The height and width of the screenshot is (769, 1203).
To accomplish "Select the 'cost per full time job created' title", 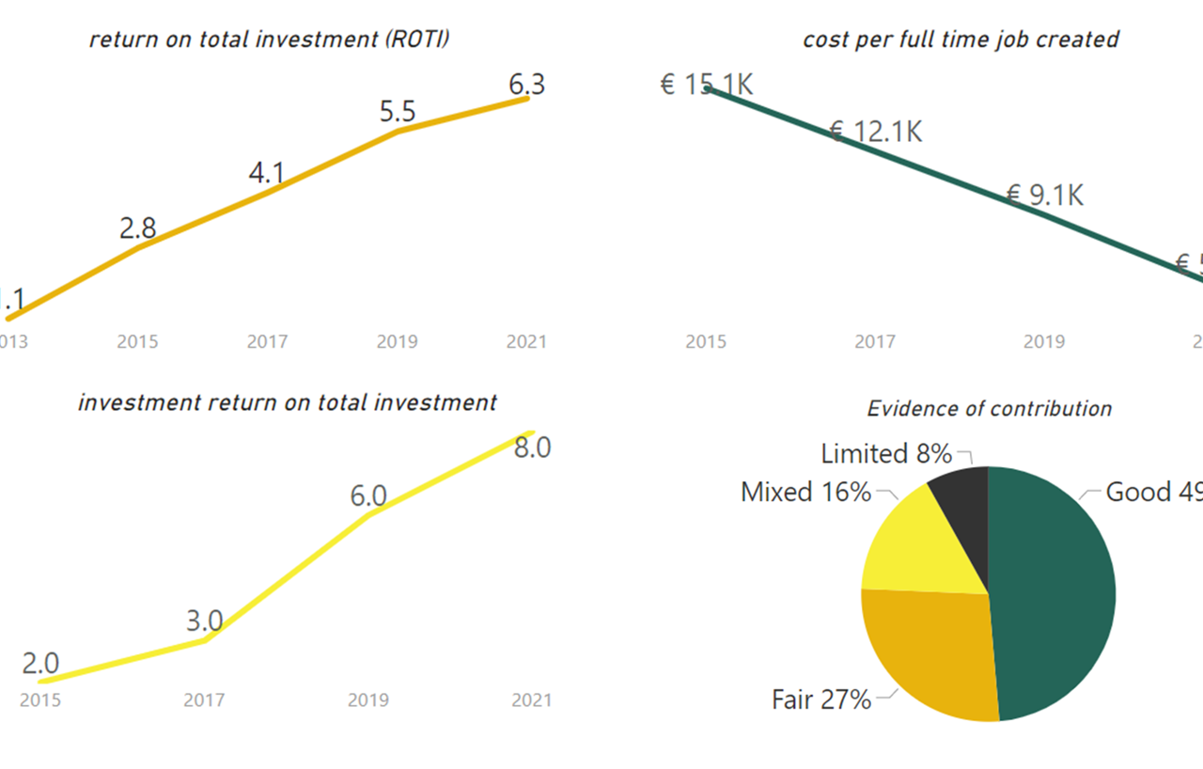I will coord(961,39).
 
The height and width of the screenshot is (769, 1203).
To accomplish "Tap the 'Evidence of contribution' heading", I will coord(989,409).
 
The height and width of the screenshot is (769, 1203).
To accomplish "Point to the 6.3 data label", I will coord(526,85).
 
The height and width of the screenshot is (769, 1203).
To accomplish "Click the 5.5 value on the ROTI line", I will coord(397,113).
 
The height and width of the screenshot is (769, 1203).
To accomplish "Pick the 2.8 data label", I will coord(137,228).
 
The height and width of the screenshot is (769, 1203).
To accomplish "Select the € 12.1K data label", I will coord(875,132).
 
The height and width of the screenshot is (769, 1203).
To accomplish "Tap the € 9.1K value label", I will coord(1044,196).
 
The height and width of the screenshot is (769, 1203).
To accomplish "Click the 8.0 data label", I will coord(532,447).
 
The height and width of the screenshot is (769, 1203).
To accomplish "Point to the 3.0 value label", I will coord(204,621).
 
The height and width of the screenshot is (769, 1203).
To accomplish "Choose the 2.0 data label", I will coord(40,664).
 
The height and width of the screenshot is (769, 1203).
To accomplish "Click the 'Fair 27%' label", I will coord(820,699).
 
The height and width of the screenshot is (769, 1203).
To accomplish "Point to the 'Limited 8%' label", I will coord(886,454).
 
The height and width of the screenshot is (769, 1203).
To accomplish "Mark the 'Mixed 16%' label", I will coord(805,492).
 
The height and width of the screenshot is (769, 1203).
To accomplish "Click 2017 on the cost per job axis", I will coord(875,341).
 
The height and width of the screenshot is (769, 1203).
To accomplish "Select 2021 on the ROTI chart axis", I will coord(526,341).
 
